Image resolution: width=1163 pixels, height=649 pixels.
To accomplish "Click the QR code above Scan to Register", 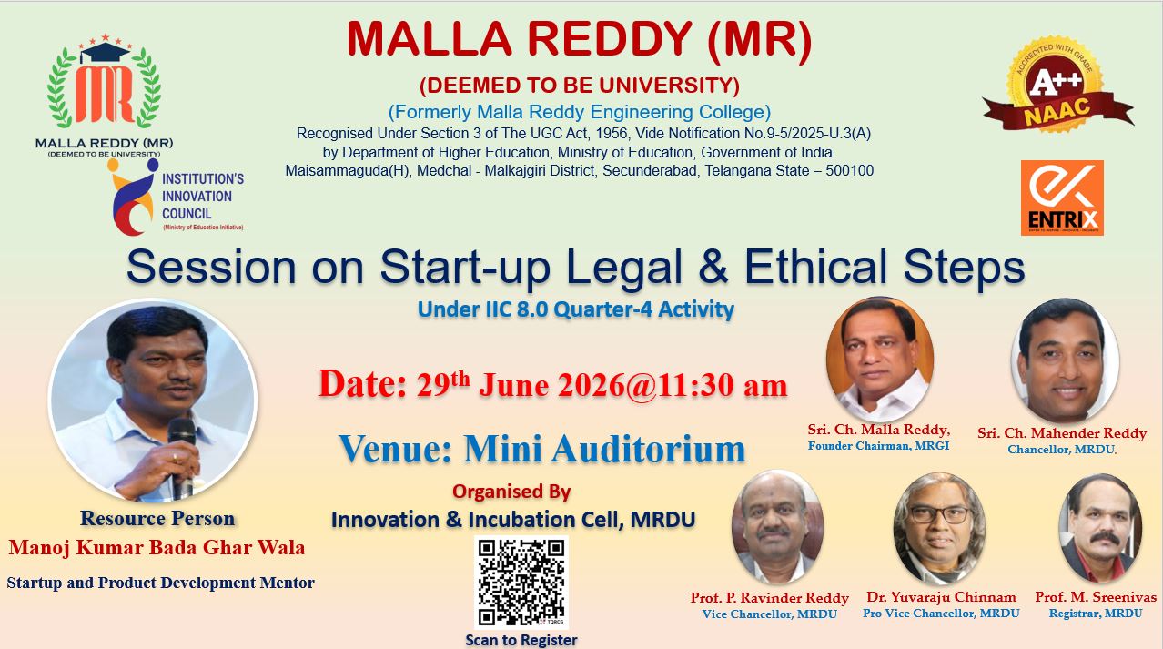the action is coord(521,582).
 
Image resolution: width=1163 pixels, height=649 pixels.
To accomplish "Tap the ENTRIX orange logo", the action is coord(1062,198).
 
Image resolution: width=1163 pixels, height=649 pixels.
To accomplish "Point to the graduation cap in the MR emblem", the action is coord(106,53).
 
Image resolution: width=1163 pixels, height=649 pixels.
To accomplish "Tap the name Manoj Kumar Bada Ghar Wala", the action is coord(157,547).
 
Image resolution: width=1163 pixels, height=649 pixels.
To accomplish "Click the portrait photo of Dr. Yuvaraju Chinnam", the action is coord(939,529).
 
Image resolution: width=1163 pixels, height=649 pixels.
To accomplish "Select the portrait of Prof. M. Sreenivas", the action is coord(1100,528).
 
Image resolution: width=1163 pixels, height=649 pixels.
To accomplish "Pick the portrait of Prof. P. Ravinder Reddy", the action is coord(777,526).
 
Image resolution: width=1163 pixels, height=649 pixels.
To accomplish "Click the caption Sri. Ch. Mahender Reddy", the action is coord(1062,433).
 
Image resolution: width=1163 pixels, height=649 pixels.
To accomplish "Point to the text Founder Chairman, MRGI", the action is coord(878,445).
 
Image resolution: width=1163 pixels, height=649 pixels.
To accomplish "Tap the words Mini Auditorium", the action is coord(604,449).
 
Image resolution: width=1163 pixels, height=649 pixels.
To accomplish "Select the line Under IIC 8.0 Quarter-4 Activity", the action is coord(576,309).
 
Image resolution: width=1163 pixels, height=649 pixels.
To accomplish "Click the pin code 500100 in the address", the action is coord(849,170).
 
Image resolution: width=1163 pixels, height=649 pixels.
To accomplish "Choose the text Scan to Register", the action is coord(521,640).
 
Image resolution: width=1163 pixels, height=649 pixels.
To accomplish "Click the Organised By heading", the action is coord(511,492).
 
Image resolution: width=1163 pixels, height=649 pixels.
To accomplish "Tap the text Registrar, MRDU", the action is coord(1096,614).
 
